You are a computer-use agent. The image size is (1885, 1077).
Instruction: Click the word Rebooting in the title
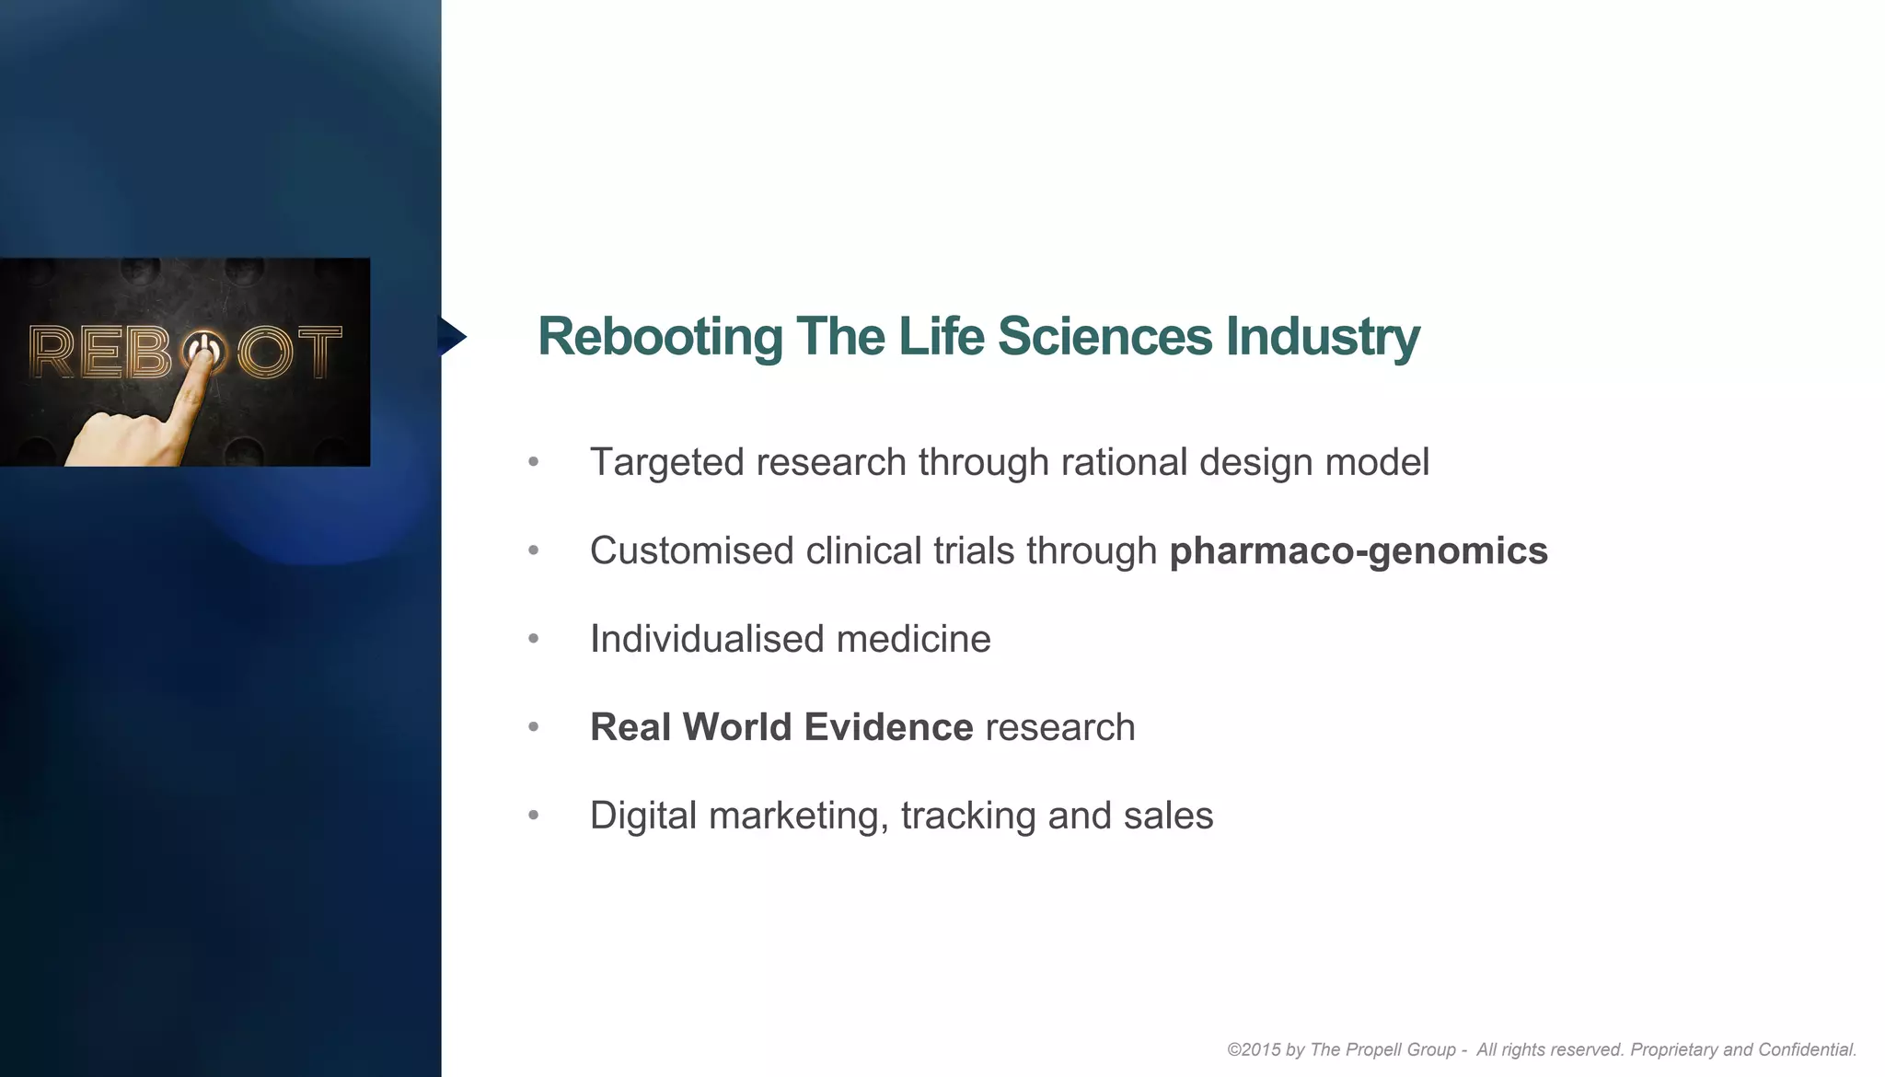tap(660, 337)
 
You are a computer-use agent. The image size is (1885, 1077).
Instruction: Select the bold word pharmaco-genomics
tap(1359, 550)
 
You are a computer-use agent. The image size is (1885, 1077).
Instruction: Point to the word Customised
tap(691, 550)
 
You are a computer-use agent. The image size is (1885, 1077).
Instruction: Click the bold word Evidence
tap(888, 727)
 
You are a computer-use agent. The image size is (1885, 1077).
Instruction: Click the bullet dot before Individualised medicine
tap(534, 638)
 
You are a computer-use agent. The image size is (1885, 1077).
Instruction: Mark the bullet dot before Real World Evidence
tap(534, 726)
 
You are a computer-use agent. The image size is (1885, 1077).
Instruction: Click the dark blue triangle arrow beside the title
tap(451, 336)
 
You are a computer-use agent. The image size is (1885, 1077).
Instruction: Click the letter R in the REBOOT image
tap(52, 352)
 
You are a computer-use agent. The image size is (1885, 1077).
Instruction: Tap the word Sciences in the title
tap(1105, 337)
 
